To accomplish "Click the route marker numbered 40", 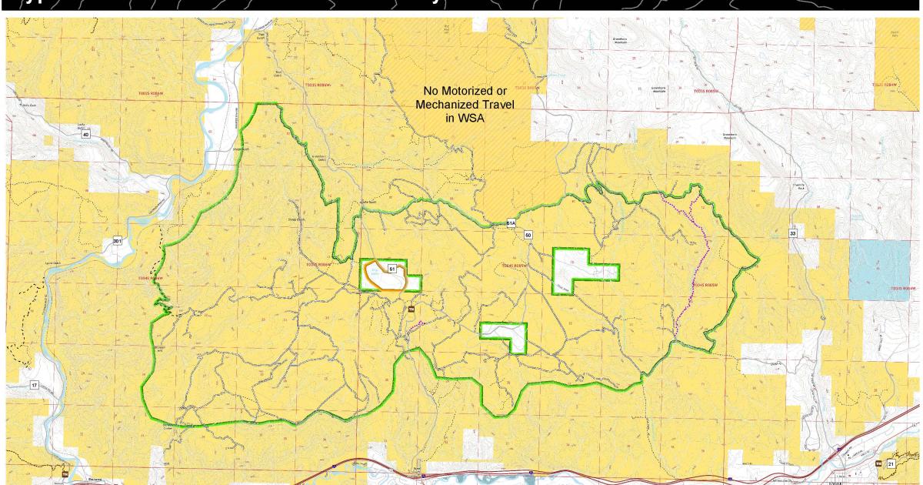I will (85, 135).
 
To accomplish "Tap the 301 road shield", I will (117, 241).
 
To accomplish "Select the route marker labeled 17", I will (34, 384).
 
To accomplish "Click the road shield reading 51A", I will (511, 223).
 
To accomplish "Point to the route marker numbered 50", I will (528, 234).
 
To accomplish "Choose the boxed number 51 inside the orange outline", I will (392, 269).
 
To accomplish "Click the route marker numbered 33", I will (792, 232).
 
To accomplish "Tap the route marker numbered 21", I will (891, 463).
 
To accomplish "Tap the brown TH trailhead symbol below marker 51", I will (411, 310).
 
